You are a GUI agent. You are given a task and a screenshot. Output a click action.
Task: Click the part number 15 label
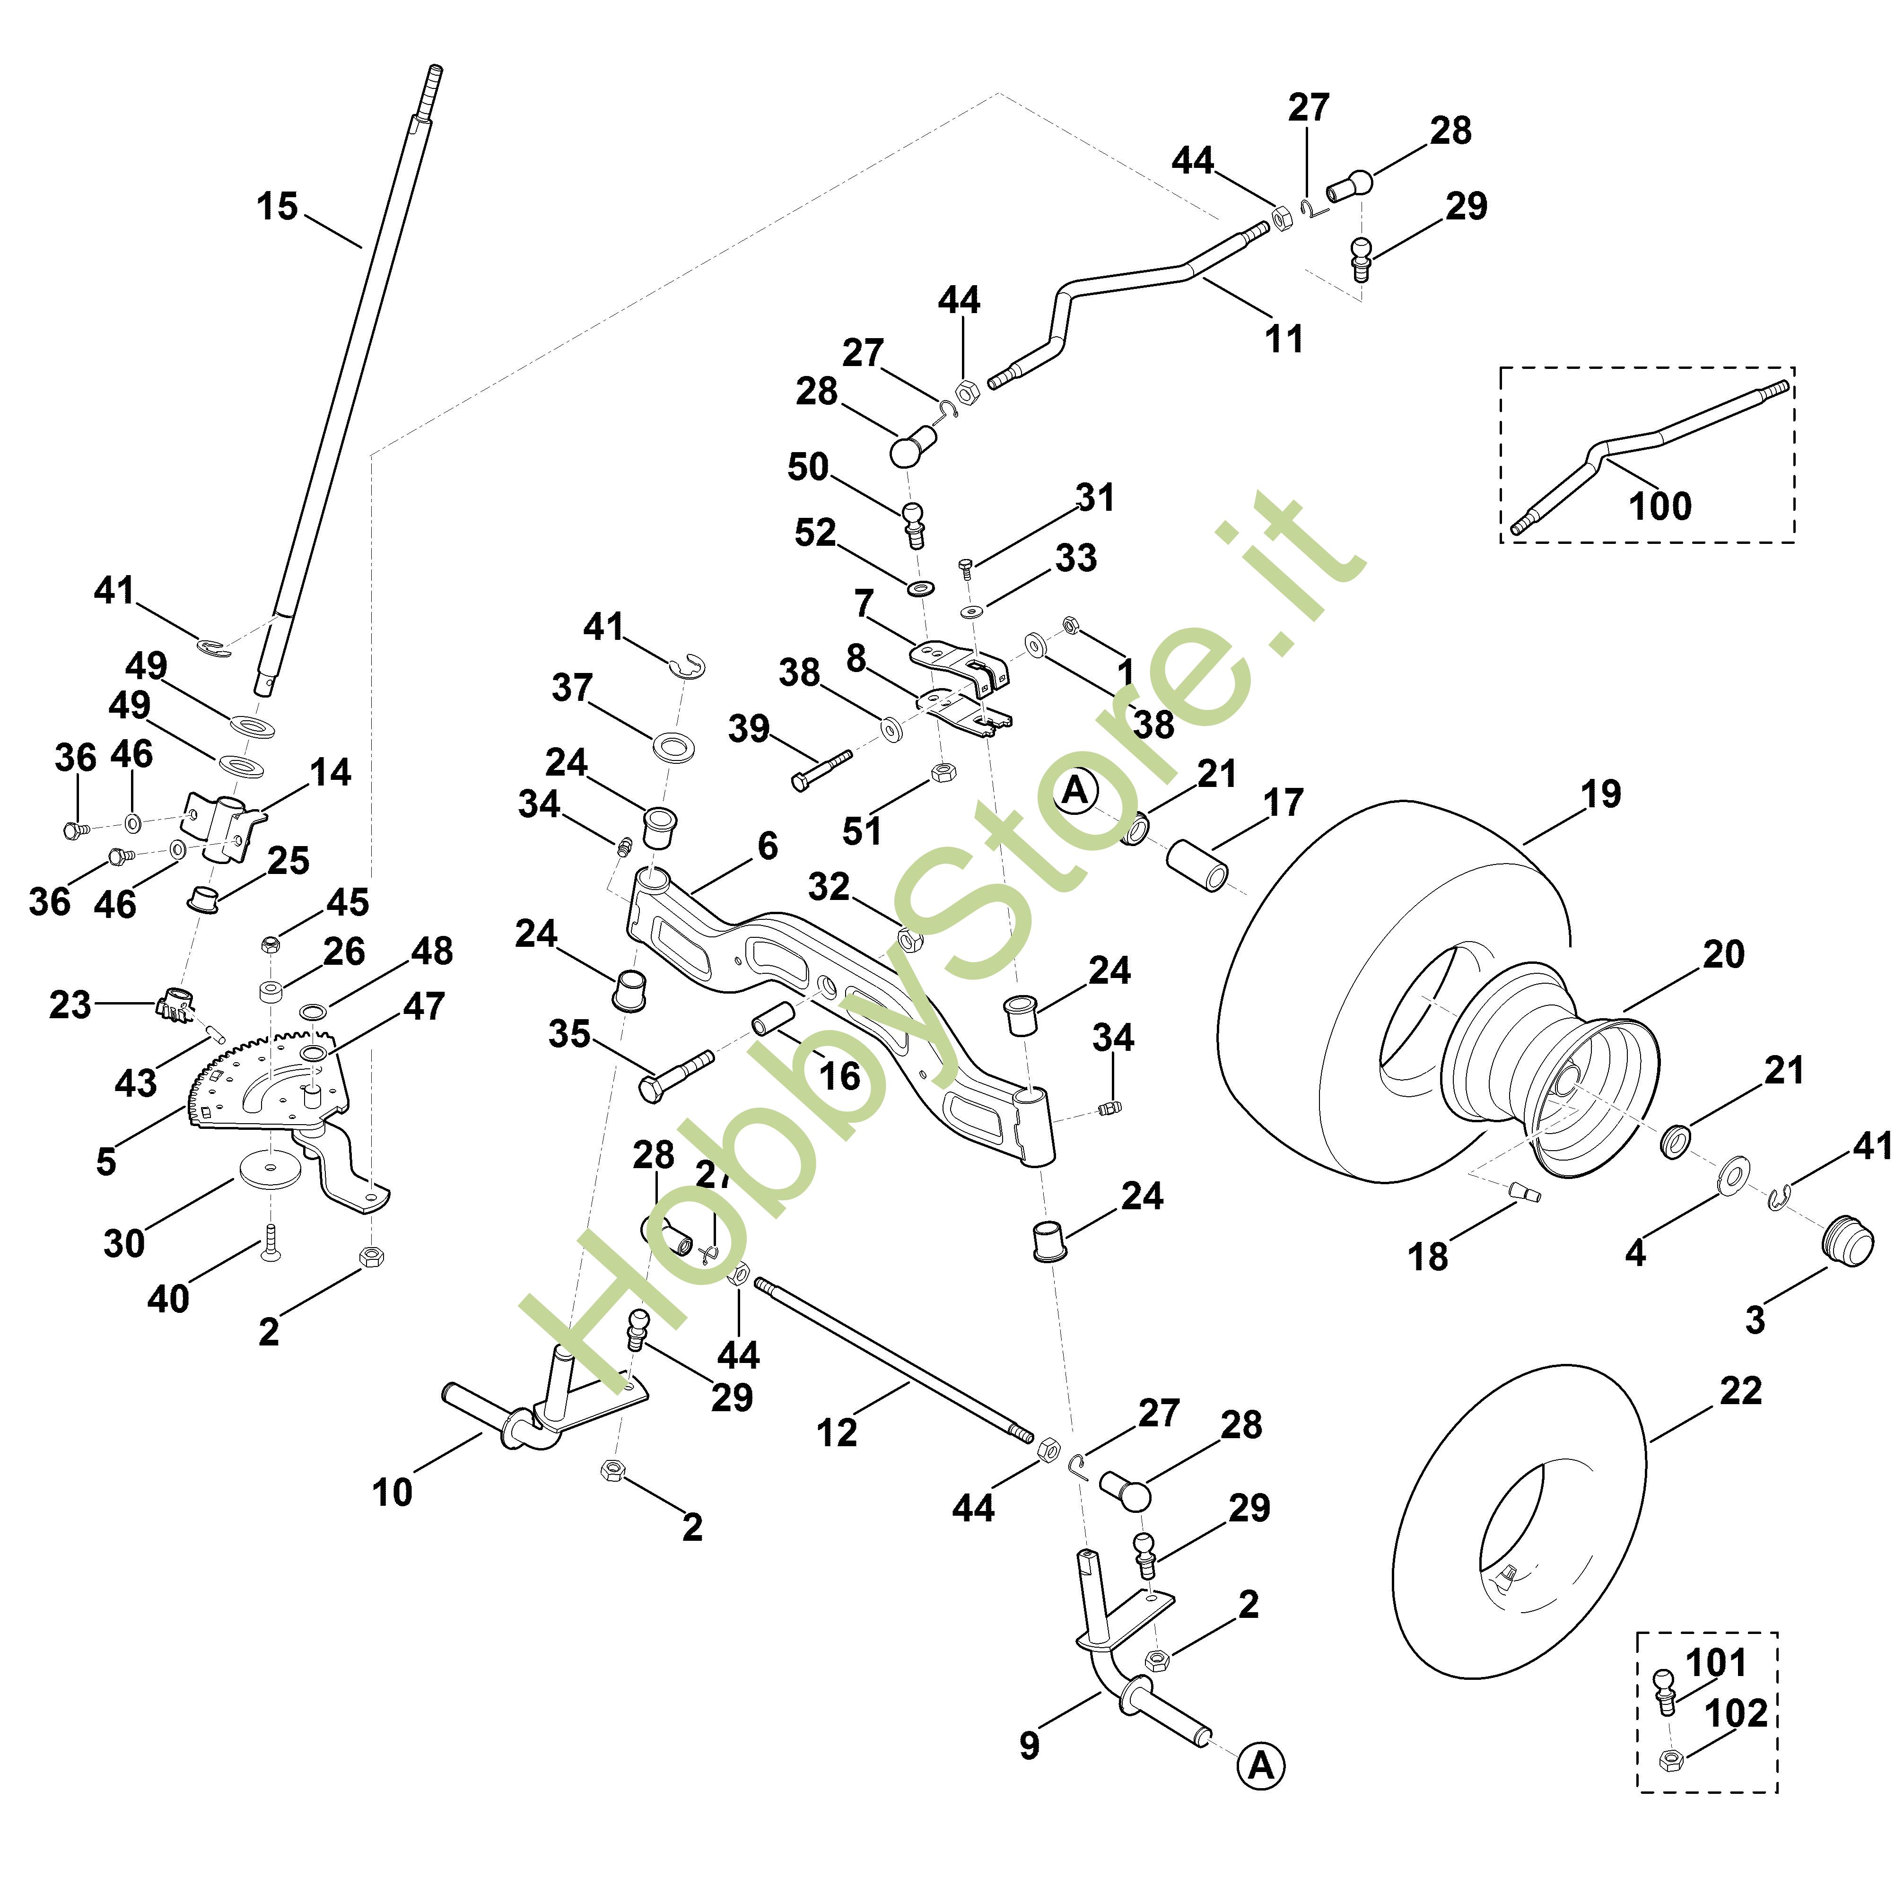pos(277,207)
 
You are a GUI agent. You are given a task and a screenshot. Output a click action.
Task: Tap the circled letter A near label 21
pos(1075,790)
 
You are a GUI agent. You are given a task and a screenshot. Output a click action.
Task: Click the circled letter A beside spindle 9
pos(1261,1766)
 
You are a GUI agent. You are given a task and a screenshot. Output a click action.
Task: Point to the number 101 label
pos(1716,1662)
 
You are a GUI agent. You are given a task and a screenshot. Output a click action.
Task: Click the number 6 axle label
pos(768,846)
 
